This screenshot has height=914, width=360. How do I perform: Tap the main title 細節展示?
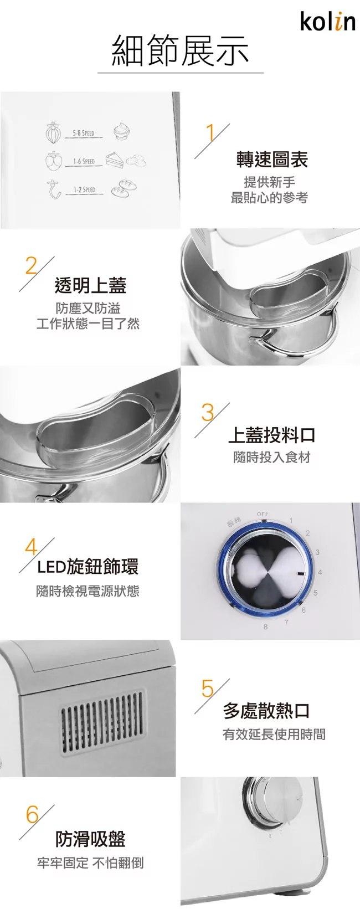click(x=180, y=51)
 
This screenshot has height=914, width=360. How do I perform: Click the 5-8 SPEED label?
click(x=84, y=133)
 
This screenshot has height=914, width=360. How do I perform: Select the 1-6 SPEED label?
click(x=84, y=161)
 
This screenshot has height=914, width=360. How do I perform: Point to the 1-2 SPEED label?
click(x=84, y=189)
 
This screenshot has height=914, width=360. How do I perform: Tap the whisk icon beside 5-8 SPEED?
click(x=53, y=132)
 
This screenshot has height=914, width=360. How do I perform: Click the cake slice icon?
click(x=115, y=160)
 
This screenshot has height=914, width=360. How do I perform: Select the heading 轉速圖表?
click(x=272, y=160)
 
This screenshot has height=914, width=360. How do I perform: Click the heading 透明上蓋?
click(x=90, y=285)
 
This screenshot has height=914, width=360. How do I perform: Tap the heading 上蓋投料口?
click(x=272, y=435)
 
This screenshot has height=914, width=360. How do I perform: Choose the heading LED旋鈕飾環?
click(x=88, y=567)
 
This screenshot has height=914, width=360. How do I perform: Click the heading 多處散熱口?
click(x=266, y=710)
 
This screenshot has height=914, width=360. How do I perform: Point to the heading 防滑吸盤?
click(x=90, y=839)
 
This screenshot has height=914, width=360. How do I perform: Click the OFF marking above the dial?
click(x=263, y=514)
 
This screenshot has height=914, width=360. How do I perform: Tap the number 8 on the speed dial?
click(x=265, y=627)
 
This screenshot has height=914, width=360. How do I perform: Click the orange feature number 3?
click(x=208, y=413)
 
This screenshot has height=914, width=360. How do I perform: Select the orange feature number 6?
click(x=32, y=815)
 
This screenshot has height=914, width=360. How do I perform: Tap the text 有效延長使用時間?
click(x=274, y=735)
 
